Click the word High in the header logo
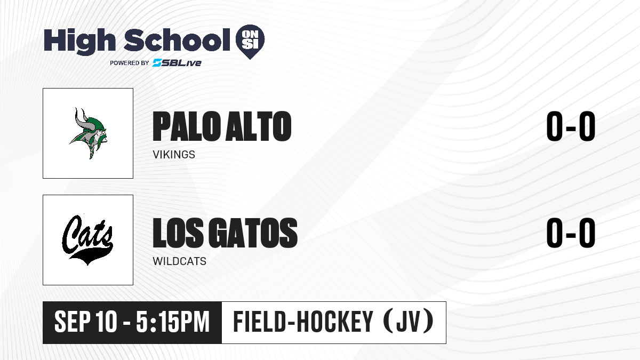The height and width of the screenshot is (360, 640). click(x=79, y=42)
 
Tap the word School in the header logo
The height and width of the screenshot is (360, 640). click(x=177, y=40)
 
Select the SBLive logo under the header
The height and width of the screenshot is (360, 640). click(x=177, y=63)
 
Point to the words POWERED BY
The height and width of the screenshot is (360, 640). click(x=130, y=63)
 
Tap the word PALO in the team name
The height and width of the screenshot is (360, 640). click(x=187, y=126)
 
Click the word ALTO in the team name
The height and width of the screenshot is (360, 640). click(x=258, y=126)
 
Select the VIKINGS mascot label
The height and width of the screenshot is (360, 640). click(x=174, y=155)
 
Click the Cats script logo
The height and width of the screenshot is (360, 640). click(x=87, y=239)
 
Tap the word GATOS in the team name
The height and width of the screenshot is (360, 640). click(x=253, y=233)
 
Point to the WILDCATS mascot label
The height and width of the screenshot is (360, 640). click(x=179, y=261)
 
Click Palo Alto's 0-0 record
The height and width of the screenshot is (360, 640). click(x=571, y=126)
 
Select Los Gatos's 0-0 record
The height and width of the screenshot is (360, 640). click(x=571, y=233)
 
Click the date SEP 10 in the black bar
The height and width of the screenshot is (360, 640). click(x=86, y=322)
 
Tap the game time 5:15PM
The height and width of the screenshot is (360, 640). click(x=173, y=322)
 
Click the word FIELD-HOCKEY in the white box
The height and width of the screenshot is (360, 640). click(x=303, y=322)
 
